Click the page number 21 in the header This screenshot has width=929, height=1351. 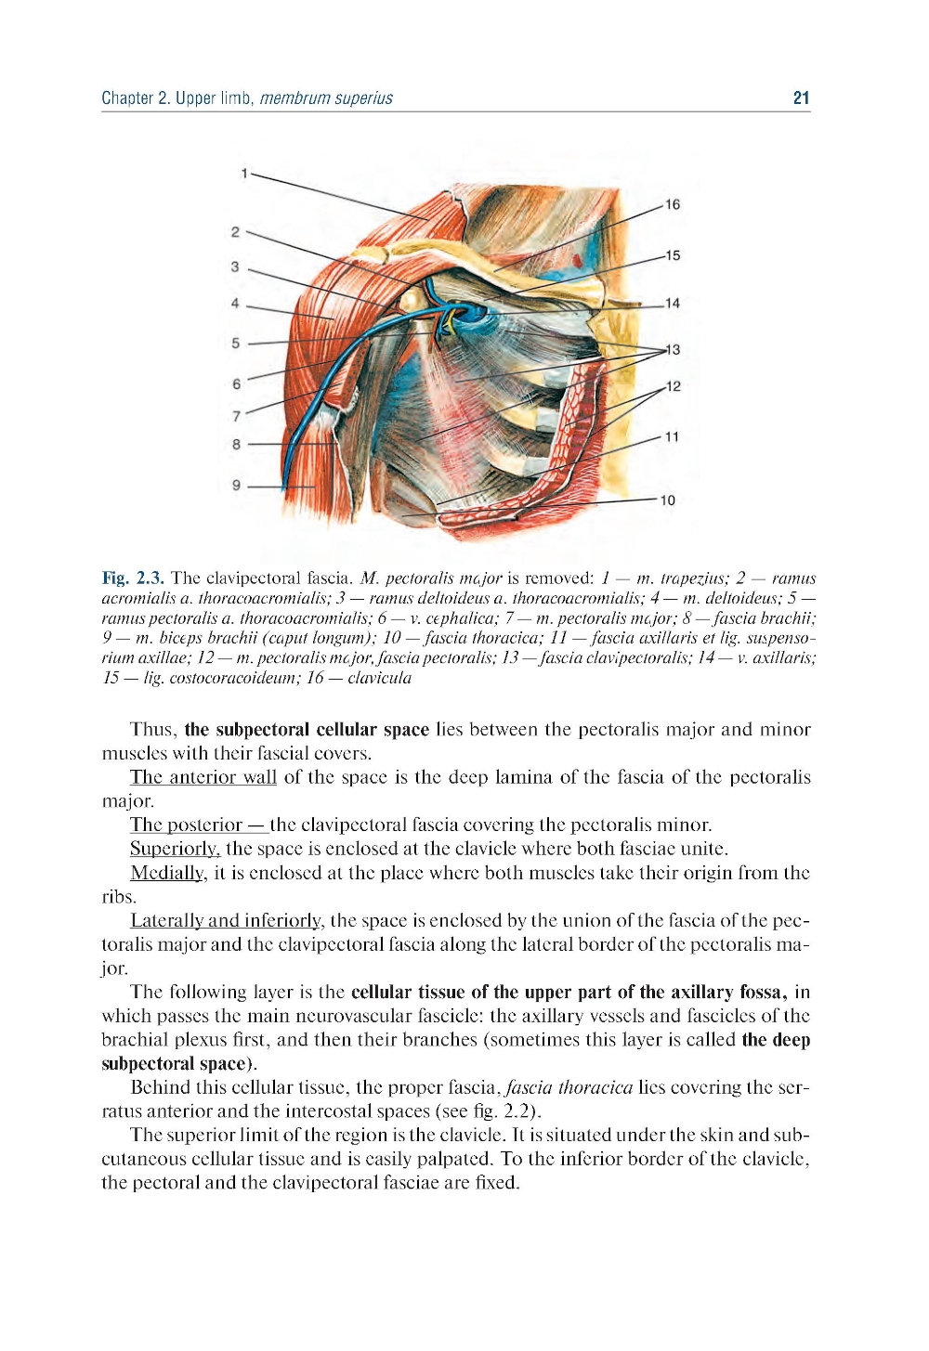coord(801,97)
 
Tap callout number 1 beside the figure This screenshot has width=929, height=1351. coord(243,173)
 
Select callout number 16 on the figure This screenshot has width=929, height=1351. coord(673,204)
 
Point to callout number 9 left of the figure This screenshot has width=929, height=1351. coord(236,485)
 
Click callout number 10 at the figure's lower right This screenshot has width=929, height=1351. coord(667,500)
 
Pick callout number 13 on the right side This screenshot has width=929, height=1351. coord(673,349)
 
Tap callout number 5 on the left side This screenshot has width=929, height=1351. coord(236,343)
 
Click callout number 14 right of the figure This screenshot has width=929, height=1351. coord(673,303)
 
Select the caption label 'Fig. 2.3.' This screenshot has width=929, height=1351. coord(133,578)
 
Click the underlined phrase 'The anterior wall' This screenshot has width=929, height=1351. coord(203,777)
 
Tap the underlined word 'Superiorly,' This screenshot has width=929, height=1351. coord(175,849)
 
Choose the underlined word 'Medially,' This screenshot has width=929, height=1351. coord(167,873)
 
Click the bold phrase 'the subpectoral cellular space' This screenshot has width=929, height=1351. coord(307,730)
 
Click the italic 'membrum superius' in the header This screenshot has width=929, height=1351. coord(326,97)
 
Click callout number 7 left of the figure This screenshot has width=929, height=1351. coord(236,416)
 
